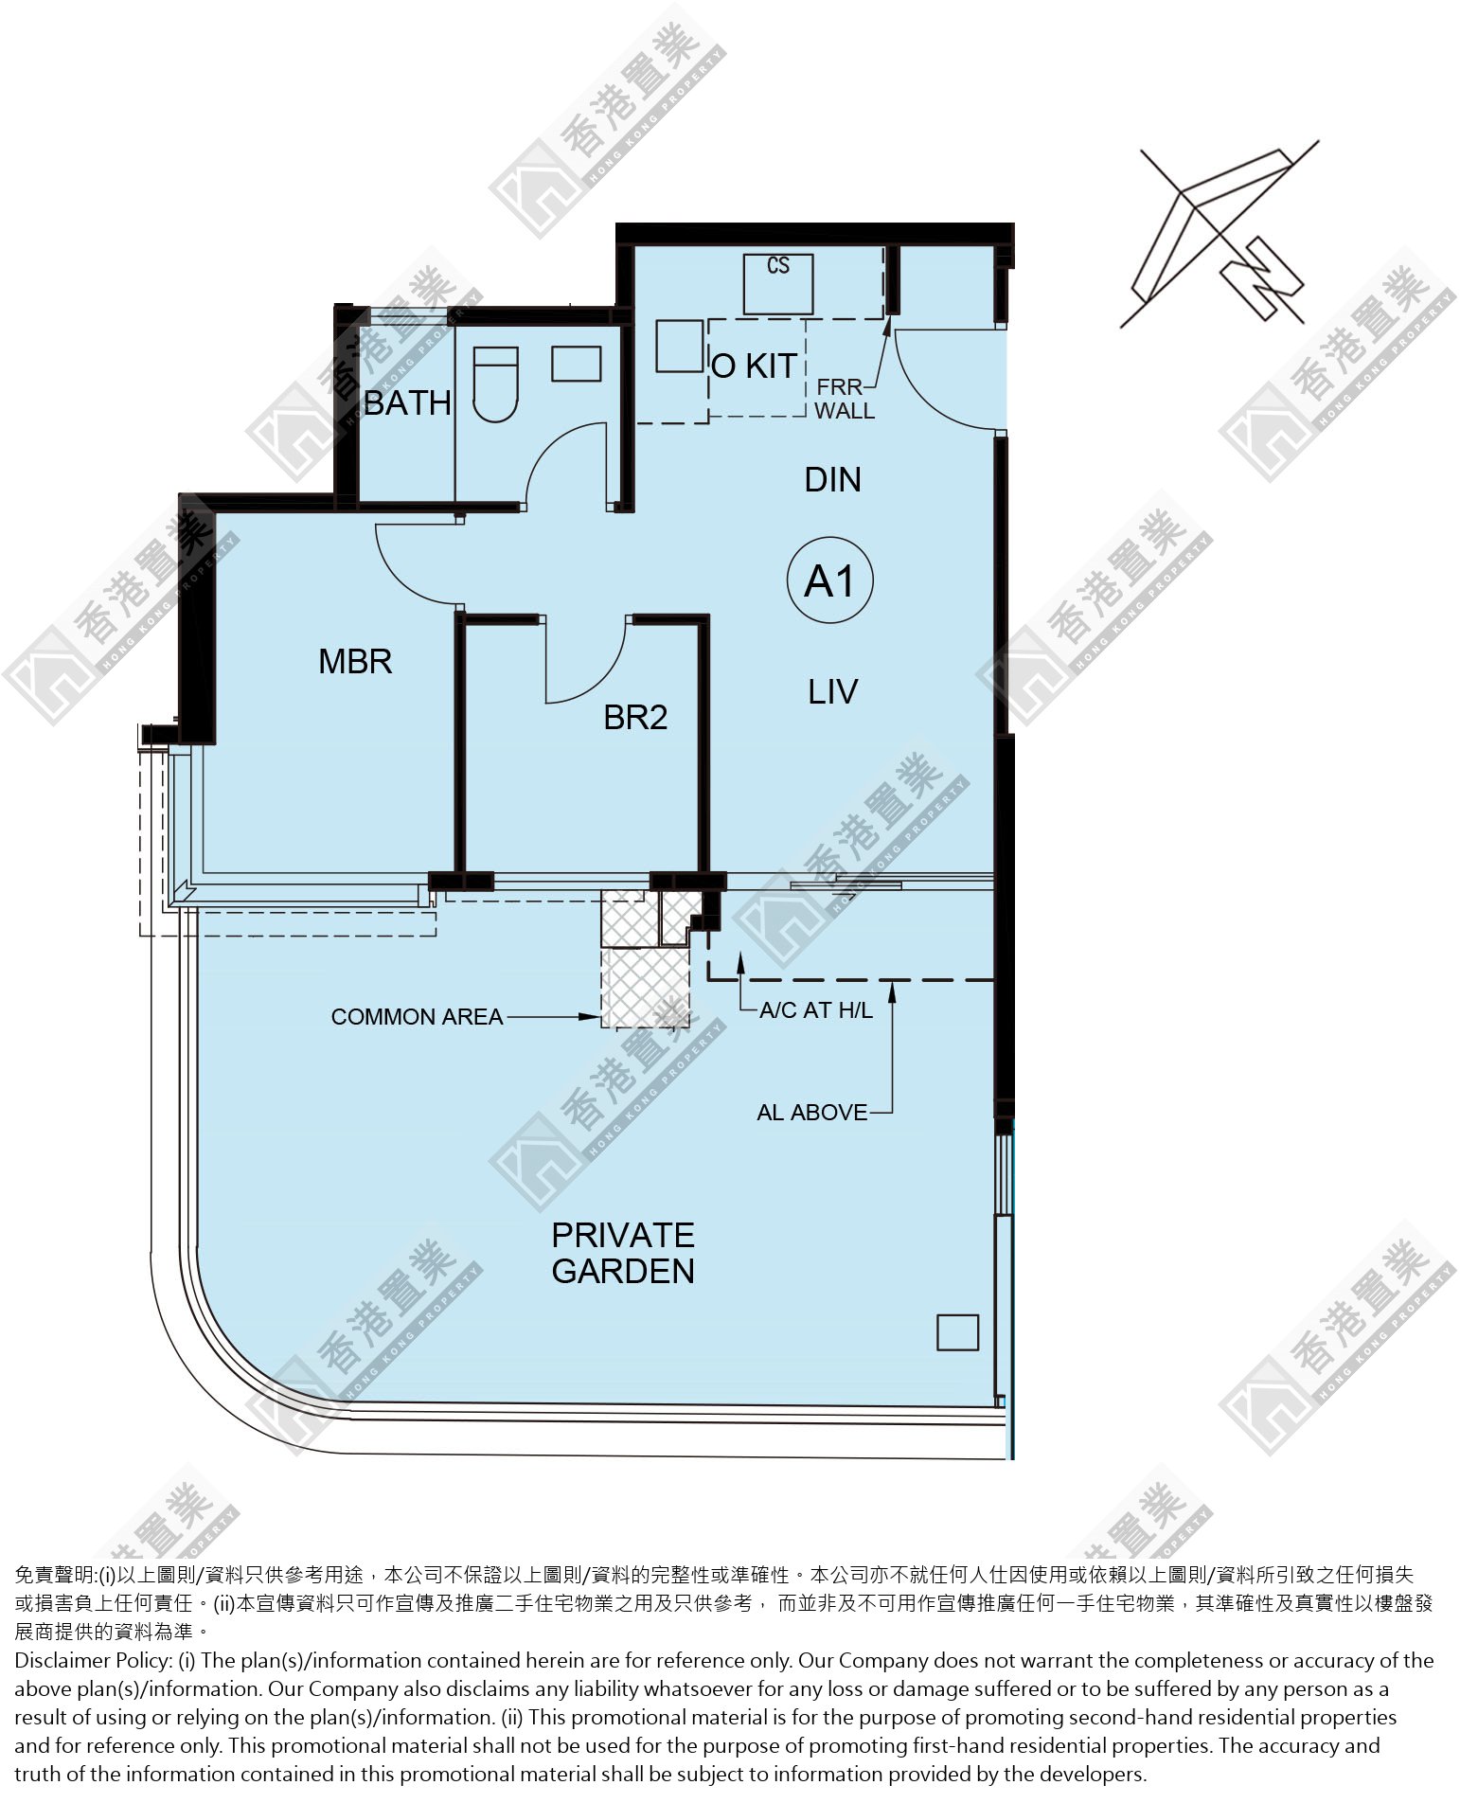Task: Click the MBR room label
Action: (x=355, y=661)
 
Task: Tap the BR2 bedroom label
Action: (x=635, y=717)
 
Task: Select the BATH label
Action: (x=407, y=402)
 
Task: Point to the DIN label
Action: (x=832, y=480)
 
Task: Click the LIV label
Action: (x=833, y=692)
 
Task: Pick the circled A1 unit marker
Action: (x=830, y=580)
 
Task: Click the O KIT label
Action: (x=754, y=366)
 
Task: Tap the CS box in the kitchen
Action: (x=778, y=283)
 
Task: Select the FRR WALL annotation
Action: (x=844, y=399)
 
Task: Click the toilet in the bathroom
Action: (x=495, y=384)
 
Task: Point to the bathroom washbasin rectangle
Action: (x=576, y=365)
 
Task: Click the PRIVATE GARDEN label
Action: (x=623, y=1253)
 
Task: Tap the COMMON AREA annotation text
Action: (x=417, y=1017)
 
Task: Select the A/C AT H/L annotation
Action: (x=816, y=1010)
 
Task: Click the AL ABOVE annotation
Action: (x=811, y=1113)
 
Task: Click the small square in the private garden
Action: (x=957, y=1332)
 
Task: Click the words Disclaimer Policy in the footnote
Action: (x=92, y=1660)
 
